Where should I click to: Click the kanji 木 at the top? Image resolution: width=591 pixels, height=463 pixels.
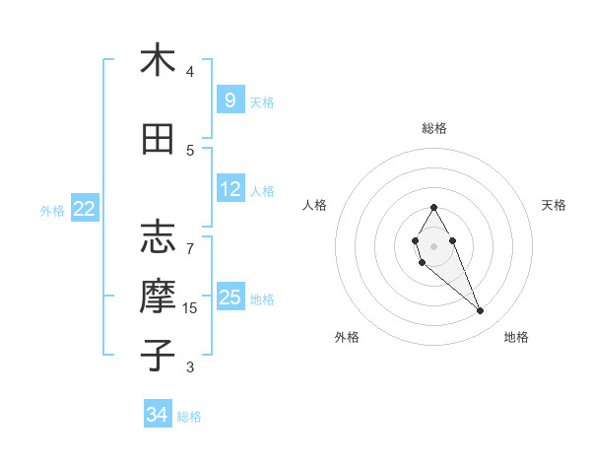(158, 60)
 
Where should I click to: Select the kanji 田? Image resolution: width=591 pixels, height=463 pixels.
(158, 139)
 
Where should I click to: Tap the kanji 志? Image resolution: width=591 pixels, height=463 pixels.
(158, 236)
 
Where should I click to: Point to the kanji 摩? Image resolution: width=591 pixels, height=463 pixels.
(158, 297)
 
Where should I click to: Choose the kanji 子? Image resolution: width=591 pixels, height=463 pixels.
(158, 355)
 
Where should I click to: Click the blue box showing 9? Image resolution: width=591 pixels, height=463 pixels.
(230, 99)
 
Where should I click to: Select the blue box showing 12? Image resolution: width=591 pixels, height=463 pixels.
(230, 189)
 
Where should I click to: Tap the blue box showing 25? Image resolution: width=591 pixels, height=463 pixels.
(230, 298)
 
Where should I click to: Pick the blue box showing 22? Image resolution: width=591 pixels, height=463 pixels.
(85, 209)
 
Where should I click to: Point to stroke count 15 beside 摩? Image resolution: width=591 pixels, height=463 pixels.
(190, 308)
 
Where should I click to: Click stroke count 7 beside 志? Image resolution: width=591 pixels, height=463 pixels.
(190, 238)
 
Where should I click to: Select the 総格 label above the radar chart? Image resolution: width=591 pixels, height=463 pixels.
(433, 128)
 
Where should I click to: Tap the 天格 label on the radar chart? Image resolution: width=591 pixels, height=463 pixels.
(554, 205)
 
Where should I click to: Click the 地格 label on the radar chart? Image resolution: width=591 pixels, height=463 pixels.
(516, 337)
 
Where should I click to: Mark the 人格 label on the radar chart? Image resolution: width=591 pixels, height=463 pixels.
(315, 205)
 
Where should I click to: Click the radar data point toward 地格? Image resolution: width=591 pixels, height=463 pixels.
(480, 311)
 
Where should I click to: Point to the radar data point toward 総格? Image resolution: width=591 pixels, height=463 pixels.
(433, 207)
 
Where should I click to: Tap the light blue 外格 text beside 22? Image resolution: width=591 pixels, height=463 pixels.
(52, 210)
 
